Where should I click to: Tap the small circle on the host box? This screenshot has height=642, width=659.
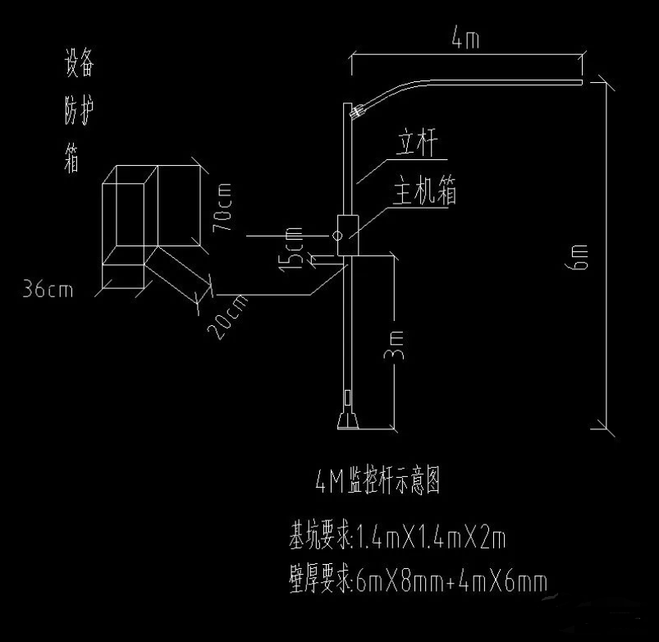(x=336, y=236)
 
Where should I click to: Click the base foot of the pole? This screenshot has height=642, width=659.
(x=349, y=421)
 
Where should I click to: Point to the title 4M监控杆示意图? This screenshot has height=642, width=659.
(x=378, y=481)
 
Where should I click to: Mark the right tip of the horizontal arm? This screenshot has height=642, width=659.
(x=581, y=82)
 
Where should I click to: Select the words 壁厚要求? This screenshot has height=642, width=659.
(x=318, y=582)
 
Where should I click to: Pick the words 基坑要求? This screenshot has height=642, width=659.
(x=318, y=539)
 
